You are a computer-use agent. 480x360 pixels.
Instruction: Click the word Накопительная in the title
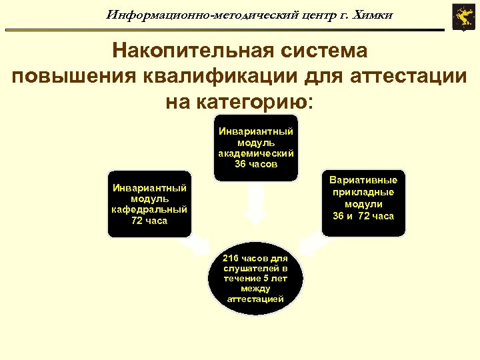pyautogui.click(x=181, y=50)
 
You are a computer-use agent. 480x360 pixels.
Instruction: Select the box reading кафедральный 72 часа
pyautogui.click(x=149, y=203)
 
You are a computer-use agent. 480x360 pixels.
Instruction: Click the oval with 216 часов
pyautogui.click(x=256, y=279)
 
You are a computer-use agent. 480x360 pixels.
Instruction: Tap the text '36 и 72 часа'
pyautogui.click(x=363, y=216)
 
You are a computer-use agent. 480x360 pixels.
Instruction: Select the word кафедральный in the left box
pyautogui.click(x=149, y=209)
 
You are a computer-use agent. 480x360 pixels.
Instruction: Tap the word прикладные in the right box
pyautogui.click(x=363, y=192)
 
